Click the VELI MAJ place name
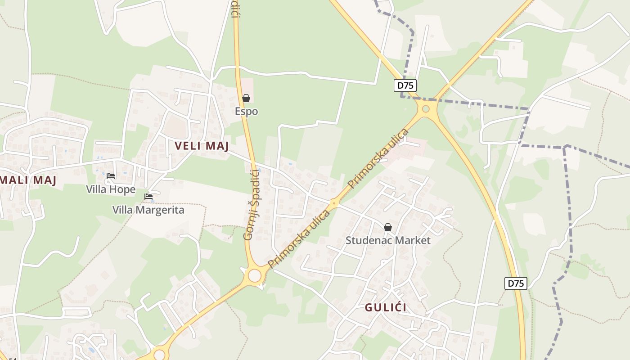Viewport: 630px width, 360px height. coord(202,146)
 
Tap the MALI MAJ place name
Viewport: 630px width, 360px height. coord(28,180)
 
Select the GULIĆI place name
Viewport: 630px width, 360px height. coord(386,307)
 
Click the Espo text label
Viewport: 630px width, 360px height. coord(246,111)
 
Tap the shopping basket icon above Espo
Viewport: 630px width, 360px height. coord(246,98)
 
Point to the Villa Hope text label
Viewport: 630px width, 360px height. coord(111,189)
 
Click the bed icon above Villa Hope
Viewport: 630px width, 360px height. coord(111,175)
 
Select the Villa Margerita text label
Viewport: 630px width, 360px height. coord(148,210)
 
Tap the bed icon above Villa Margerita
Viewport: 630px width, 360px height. coord(148,196)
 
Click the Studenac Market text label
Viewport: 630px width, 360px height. coord(388,240)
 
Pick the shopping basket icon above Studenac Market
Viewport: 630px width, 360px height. coord(388,227)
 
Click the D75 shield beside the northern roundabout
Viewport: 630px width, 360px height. coord(405,85)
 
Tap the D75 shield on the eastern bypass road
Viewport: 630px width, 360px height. coord(516,283)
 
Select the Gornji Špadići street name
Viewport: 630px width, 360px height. coord(252,205)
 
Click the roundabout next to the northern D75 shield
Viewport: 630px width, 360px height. coord(426,108)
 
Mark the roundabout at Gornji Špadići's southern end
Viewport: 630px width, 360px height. coord(255,275)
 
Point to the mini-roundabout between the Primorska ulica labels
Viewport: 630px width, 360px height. coord(334,203)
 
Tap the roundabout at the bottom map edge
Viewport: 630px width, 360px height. coord(159,355)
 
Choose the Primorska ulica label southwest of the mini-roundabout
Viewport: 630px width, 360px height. coord(299,239)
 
